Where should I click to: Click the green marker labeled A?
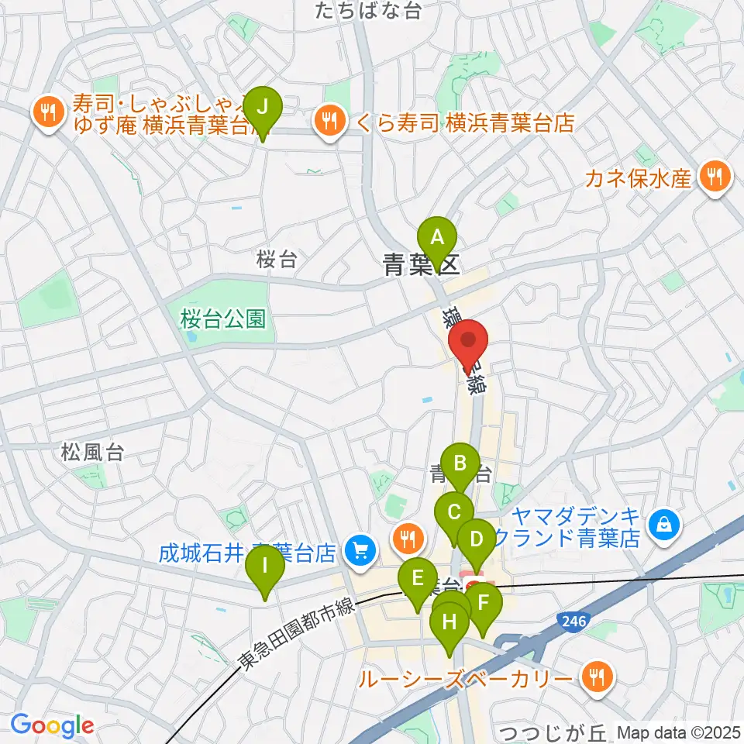(x=437, y=236)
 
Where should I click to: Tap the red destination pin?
(x=469, y=342)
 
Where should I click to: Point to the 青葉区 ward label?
(x=422, y=266)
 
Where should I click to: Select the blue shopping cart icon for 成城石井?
(x=360, y=551)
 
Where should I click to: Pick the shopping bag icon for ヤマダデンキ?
(x=664, y=525)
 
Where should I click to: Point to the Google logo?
(x=53, y=725)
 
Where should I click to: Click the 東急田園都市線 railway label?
(x=296, y=630)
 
